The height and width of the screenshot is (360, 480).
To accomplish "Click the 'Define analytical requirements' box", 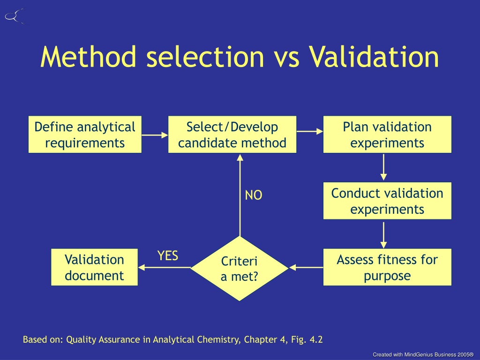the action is (x=85, y=135).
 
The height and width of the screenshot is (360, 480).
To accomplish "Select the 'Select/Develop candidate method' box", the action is (x=232, y=135).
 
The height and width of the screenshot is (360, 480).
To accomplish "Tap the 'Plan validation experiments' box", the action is (x=387, y=135).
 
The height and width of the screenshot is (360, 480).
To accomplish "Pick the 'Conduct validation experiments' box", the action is (x=387, y=201).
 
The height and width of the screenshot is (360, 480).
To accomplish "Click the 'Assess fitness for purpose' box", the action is (x=387, y=267).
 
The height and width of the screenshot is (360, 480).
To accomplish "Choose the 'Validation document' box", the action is (x=94, y=267).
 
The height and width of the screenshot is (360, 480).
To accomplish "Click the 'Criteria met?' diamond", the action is (x=240, y=269).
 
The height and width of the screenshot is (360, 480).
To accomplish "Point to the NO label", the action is (x=254, y=195).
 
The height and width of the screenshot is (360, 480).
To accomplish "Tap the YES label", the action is (x=168, y=255).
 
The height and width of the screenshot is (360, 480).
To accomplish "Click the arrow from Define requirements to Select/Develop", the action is (x=155, y=135).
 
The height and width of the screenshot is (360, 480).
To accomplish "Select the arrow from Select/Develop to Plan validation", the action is (x=310, y=131).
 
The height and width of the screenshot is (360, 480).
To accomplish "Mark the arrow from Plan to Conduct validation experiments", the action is (x=383, y=167).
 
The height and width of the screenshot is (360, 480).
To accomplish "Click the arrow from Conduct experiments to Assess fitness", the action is (x=383, y=235).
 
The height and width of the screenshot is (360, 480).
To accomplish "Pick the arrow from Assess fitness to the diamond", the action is (x=306, y=268).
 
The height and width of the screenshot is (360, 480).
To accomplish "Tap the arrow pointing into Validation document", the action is (x=165, y=268).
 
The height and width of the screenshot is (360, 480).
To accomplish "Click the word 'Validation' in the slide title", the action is (x=374, y=57).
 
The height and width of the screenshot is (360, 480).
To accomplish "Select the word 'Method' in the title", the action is (x=88, y=57).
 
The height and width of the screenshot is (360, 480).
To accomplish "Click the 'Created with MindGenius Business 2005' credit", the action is (x=423, y=354).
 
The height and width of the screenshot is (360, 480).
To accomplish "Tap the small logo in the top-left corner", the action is (x=14, y=16).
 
